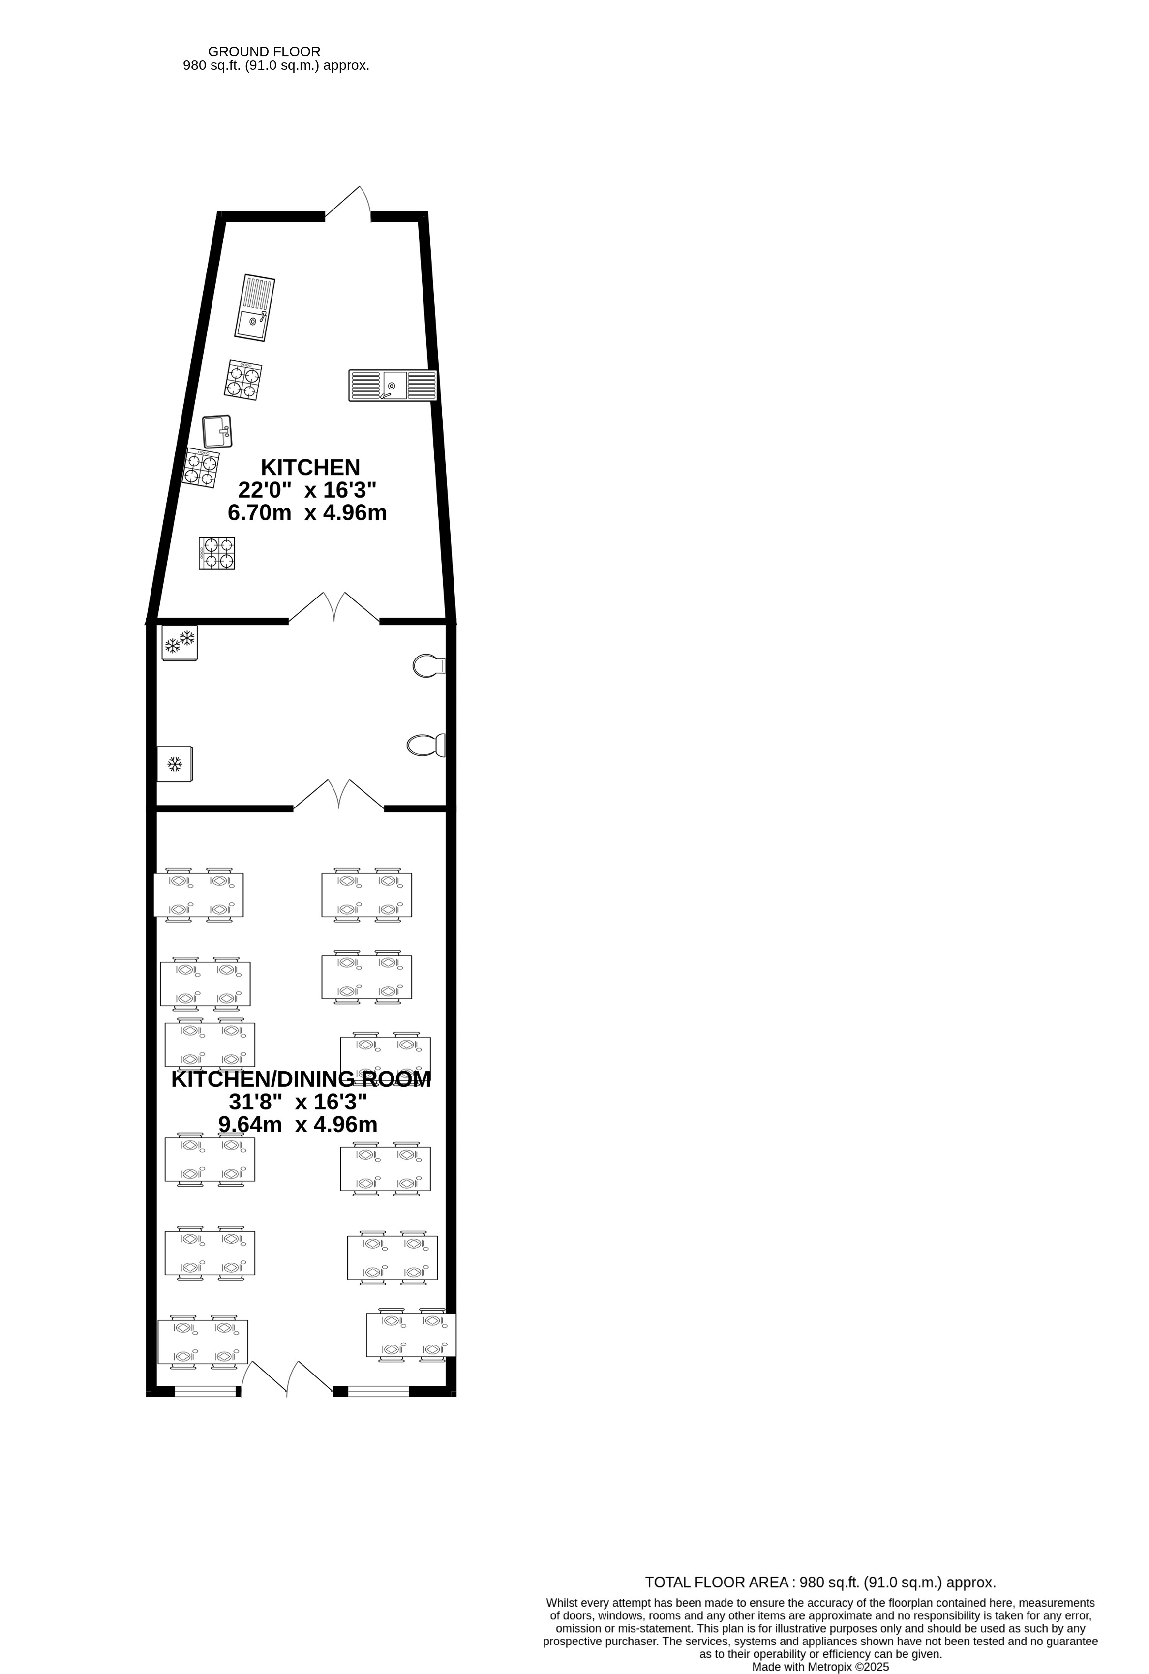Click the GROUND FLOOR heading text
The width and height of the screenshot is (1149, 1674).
264,52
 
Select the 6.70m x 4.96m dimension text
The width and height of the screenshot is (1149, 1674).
307,513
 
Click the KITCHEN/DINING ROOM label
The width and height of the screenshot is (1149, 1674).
301,1079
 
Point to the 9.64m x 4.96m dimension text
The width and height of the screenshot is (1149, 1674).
298,1124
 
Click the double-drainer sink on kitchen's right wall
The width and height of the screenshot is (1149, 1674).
393,386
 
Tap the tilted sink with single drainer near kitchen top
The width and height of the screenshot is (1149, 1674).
254,307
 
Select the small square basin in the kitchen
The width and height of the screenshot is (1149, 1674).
217,431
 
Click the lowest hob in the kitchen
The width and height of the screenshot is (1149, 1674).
217,553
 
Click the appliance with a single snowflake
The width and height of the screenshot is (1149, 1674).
174,764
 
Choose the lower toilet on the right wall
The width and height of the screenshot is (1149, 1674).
425,746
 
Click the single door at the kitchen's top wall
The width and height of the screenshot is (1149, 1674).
348,205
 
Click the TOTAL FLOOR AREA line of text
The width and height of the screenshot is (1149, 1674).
820,1583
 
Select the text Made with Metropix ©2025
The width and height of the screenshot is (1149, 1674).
820,1667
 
